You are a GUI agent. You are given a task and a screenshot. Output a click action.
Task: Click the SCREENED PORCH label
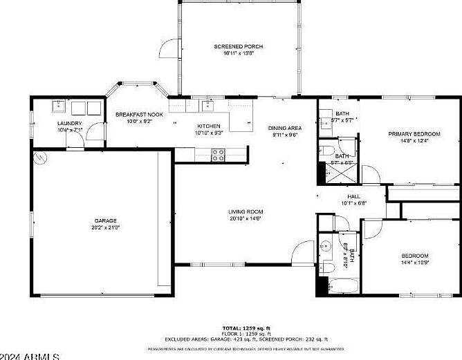click(x=238, y=46)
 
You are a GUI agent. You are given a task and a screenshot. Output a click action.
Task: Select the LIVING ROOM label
click(x=246, y=211)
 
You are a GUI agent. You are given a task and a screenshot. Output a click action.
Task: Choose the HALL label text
click(x=353, y=196)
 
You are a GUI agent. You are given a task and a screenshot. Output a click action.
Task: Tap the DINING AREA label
click(x=285, y=128)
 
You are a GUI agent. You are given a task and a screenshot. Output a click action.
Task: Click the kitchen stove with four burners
click(x=218, y=155)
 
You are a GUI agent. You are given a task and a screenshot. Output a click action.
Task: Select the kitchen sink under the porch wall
click(x=207, y=106)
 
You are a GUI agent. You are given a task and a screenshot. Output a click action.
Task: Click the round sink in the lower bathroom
click(x=326, y=245)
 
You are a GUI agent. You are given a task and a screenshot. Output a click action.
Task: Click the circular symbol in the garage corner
click(x=41, y=158)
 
